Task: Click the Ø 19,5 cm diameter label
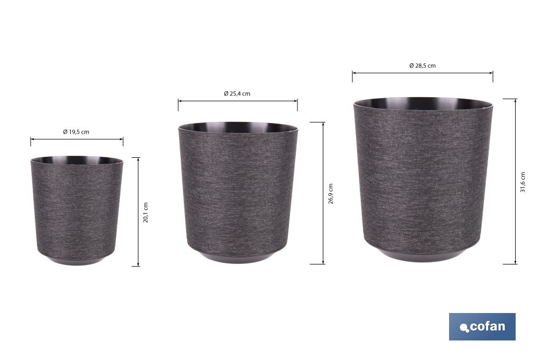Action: pos(76,132)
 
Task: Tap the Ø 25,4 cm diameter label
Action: pos(237,93)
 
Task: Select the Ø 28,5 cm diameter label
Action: pos(422,66)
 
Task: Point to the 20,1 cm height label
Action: pos(146,212)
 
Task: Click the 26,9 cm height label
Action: pos(331,194)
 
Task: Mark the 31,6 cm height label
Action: pos(523,182)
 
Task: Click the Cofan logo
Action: pos(482,326)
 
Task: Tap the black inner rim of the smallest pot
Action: pos(76,159)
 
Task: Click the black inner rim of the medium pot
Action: pos(237,127)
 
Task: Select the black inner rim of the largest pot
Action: pos(423,102)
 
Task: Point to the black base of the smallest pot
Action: pos(76,260)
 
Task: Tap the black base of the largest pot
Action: pos(423,257)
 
